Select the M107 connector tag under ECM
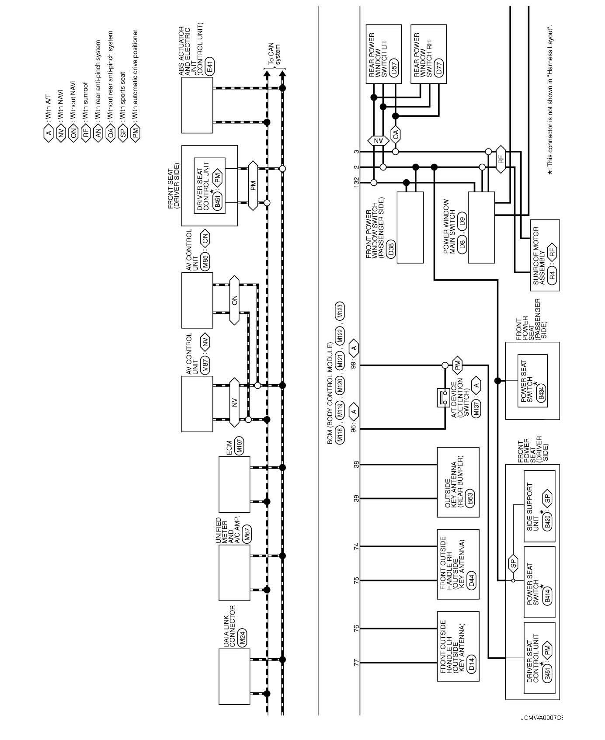pos(239,446)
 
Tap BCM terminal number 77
pos(357,663)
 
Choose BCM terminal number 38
pos(357,464)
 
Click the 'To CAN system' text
pos(274,55)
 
